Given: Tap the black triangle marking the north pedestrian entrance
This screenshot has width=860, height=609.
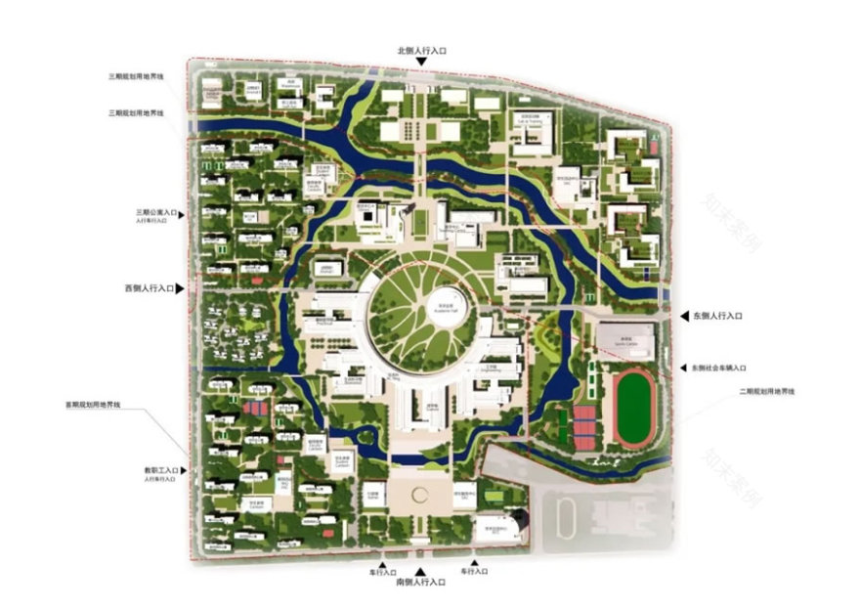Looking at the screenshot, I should point(421,63).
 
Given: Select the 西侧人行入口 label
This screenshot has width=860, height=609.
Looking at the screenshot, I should point(149,289).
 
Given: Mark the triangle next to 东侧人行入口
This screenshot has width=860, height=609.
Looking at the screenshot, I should point(683,317).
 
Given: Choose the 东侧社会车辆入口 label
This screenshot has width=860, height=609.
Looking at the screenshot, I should point(718,368).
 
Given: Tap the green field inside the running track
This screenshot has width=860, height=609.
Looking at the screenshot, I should point(637,405).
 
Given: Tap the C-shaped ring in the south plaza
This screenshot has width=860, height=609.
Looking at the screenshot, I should point(421,496).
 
